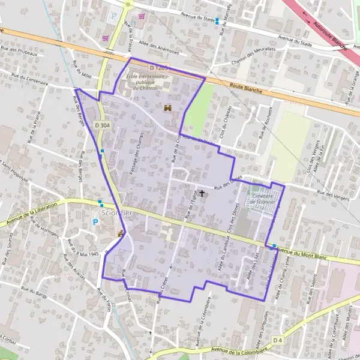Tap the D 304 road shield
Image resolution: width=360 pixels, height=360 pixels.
pyautogui.click(x=102, y=125)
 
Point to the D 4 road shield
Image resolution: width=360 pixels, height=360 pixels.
pyautogui.click(x=277, y=340)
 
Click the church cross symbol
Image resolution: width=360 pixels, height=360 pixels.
pyautogui.click(x=202, y=193)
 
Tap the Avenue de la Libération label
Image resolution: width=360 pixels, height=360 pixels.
pyautogui.click(x=30, y=215)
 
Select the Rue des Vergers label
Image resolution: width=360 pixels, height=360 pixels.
pyautogui.click(x=334, y=194)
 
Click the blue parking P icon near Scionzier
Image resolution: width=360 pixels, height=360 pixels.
pyautogui.click(x=95, y=222)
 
